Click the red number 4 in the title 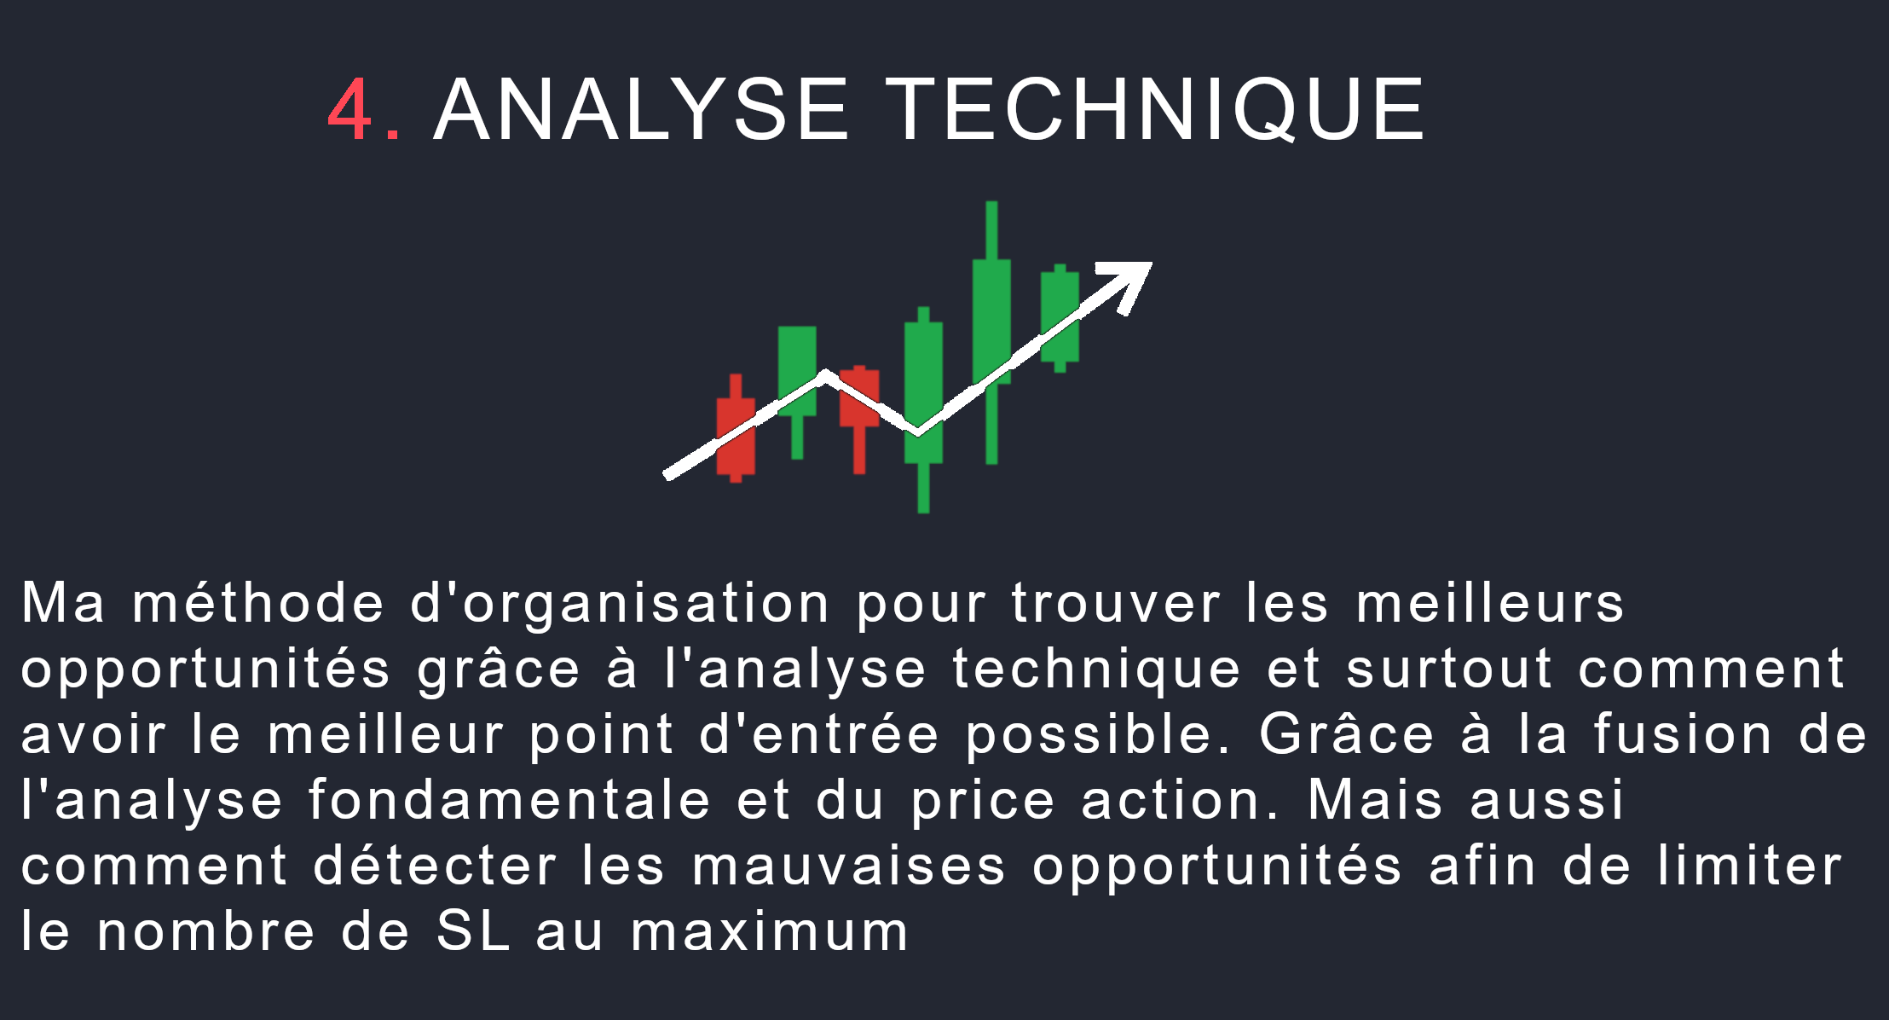point(350,110)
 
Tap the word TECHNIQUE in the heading point(1155,110)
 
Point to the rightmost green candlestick point(1060,317)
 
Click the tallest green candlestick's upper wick point(991,230)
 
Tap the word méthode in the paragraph point(258,602)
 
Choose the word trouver point(1116,603)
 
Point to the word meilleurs point(1490,602)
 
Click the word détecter point(435,866)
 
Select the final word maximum point(770,931)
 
